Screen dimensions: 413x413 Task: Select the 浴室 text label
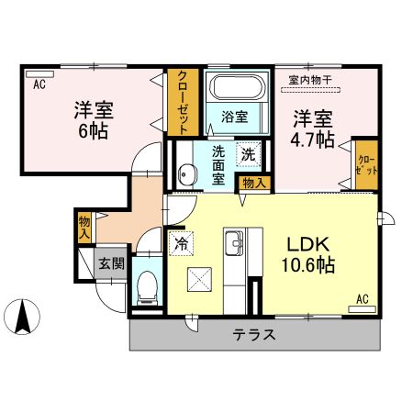(x=234, y=117)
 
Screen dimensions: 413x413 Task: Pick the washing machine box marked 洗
(x=248, y=154)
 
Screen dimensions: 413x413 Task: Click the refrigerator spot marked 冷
(x=182, y=244)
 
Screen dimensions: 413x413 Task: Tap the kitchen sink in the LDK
(x=231, y=244)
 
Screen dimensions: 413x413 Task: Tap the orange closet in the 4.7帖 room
(x=365, y=165)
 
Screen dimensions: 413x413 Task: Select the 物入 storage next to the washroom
(x=254, y=183)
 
